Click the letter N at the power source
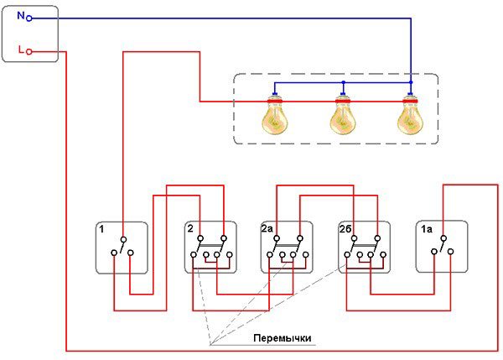19,15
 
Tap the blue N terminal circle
29,16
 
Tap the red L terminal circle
29,52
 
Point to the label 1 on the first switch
101,229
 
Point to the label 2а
267,229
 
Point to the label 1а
426,229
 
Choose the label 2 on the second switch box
190,229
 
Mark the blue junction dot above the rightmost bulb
410,84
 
